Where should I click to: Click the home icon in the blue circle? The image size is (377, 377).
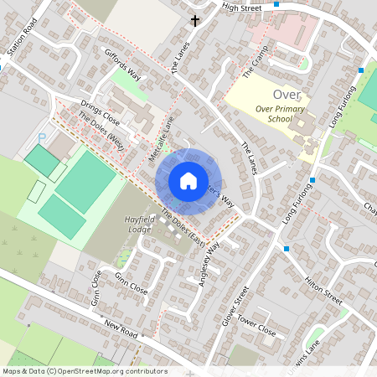click(188, 180)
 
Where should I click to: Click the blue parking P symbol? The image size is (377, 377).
click(43, 137)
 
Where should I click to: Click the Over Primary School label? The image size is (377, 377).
click(282, 113)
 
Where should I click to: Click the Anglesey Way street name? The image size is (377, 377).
click(209, 264)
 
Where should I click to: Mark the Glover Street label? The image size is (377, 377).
click(242, 302)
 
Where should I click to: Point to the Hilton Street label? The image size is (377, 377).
click(323, 288)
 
